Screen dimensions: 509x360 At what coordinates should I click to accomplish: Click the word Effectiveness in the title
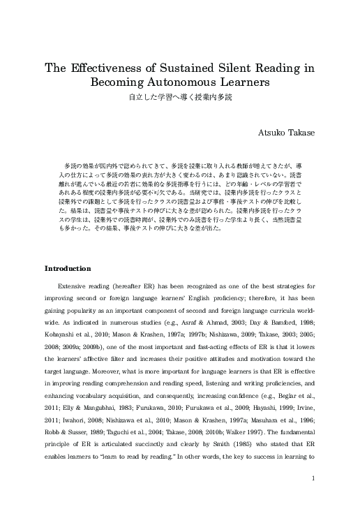coord(108,68)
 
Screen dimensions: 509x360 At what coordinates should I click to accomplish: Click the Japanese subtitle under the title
coord(179,97)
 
